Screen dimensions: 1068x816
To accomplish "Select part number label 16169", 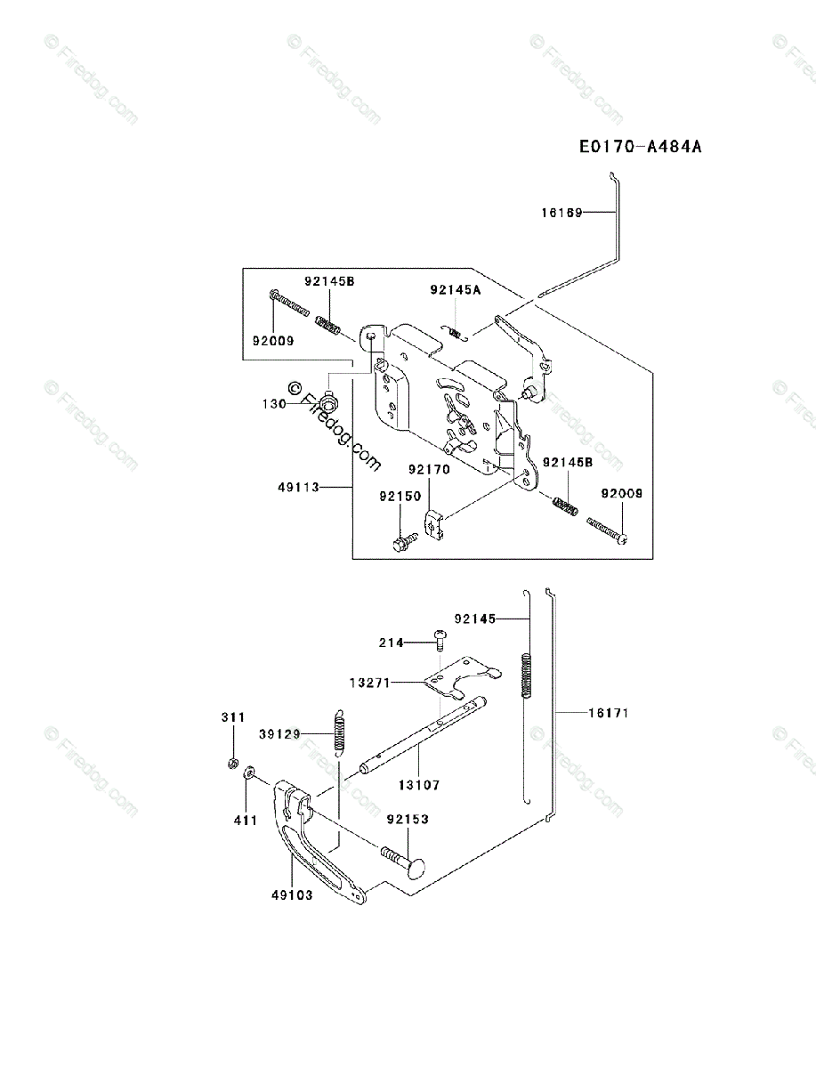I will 561,213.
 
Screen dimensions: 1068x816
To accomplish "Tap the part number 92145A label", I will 455,289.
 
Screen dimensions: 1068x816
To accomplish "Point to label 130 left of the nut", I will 273,403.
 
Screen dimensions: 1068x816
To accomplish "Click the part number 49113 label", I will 298,487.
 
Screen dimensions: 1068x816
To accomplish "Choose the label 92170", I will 429,469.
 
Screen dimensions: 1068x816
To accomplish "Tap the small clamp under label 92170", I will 432,524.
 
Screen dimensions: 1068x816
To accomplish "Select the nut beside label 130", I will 330,403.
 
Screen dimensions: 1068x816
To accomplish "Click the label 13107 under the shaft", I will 419,785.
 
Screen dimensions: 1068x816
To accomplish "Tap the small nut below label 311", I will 231,762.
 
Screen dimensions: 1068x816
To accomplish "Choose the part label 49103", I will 292,895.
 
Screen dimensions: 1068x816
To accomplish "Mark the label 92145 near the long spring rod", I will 474,618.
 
